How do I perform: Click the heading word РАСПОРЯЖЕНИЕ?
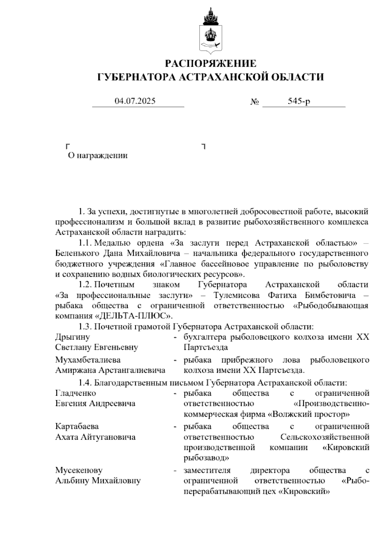click(x=211, y=64)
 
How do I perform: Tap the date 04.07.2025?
click(x=135, y=101)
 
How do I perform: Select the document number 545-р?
click(x=299, y=101)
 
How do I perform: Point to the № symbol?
click(x=255, y=102)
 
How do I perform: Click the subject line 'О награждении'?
click(x=98, y=155)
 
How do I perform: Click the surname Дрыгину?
click(x=73, y=337)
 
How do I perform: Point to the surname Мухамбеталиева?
click(x=88, y=360)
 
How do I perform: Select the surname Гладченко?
click(x=75, y=393)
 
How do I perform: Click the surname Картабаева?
click(x=77, y=426)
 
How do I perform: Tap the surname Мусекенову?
click(x=79, y=471)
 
